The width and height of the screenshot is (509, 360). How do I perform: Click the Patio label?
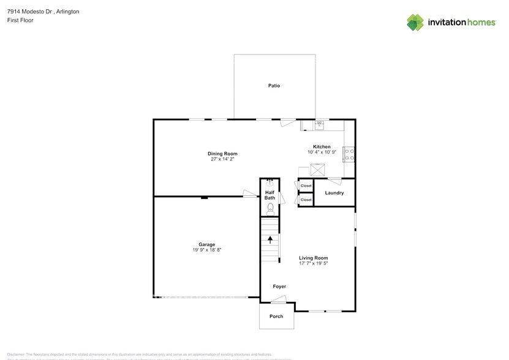coord(274,86)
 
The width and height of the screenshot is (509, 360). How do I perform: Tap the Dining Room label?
coord(222,154)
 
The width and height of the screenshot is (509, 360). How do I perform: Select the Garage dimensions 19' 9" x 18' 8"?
coord(206,250)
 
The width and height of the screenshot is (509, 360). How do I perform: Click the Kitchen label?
coord(322,147)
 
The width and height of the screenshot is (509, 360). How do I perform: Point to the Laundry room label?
coord(334,193)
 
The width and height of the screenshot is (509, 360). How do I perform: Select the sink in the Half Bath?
coord(270,182)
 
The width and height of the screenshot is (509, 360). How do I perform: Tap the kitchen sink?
coord(319,125)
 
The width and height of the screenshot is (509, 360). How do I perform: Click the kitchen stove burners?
coord(349,154)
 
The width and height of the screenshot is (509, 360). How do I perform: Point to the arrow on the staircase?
coord(270,239)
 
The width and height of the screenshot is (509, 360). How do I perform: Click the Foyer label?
coord(279,287)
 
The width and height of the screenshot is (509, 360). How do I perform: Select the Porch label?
coord(276,317)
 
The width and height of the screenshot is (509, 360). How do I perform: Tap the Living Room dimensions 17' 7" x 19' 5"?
coord(313,263)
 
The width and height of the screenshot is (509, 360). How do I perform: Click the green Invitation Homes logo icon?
coord(415,22)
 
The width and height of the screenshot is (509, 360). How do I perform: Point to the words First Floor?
coord(20,20)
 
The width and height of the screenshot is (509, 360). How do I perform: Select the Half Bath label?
coord(270,195)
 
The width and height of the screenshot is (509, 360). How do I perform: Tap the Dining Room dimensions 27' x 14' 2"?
coord(222,159)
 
